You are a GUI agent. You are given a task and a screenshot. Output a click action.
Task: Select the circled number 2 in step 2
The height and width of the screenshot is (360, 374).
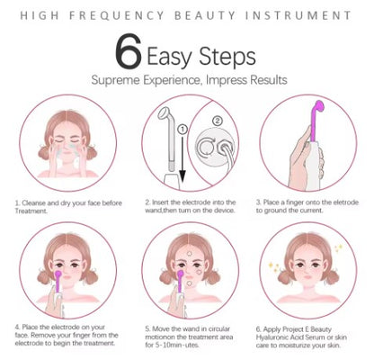pyautogui.click(x=215, y=119)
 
